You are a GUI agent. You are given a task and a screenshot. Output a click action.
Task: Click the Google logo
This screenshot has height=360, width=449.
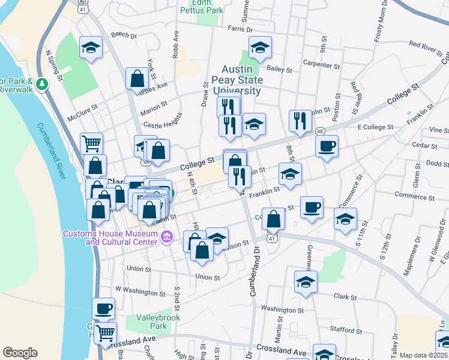pyautogui.click(x=20, y=353)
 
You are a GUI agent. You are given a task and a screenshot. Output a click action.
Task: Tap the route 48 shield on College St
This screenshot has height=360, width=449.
pyautogui.click(x=320, y=131)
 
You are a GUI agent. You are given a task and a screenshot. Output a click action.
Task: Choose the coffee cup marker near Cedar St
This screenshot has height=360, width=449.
pyautogui.click(x=327, y=146)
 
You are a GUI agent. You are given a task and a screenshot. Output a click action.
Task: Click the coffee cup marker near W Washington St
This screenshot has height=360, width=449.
pyautogui.click(x=104, y=309)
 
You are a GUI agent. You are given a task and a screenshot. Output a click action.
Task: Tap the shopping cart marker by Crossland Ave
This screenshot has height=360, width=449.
pyautogui.click(x=105, y=332)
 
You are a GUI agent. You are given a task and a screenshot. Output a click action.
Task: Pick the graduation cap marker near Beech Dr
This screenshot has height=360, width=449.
pyautogui.click(x=91, y=47)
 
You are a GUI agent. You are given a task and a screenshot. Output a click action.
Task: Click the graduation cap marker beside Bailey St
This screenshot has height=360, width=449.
pyautogui.click(x=260, y=47)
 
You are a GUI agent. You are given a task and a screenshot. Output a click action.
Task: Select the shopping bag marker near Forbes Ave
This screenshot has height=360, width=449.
pyautogui.click(x=137, y=78)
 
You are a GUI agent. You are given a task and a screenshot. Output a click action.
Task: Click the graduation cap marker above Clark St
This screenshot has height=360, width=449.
pyautogui.click(x=306, y=281)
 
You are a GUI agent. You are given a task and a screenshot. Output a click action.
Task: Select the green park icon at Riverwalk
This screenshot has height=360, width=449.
pyautogui.click(x=42, y=83)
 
